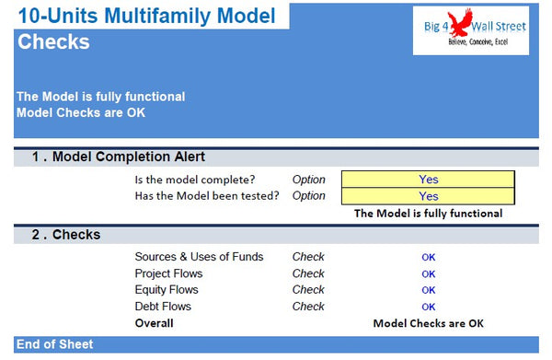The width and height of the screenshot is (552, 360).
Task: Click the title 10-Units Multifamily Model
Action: click(x=145, y=15)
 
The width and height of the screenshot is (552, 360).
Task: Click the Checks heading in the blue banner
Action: click(x=53, y=42)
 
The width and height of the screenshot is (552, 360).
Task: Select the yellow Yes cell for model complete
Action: click(x=428, y=180)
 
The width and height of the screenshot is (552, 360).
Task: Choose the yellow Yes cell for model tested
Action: click(x=428, y=196)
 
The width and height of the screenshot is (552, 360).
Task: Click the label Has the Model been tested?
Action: click(x=206, y=196)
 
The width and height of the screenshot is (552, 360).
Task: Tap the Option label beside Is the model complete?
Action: click(x=308, y=180)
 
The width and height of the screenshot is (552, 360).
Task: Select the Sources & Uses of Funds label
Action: click(x=199, y=257)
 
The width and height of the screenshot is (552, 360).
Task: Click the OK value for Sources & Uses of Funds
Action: click(x=428, y=258)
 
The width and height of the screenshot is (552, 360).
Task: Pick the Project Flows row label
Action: click(x=168, y=273)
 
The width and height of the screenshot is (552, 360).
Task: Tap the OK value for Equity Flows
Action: click(x=428, y=291)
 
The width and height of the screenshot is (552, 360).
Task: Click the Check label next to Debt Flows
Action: click(x=308, y=307)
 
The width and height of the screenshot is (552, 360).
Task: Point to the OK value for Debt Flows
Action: click(x=428, y=308)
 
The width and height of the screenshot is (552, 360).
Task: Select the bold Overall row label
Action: click(x=154, y=323)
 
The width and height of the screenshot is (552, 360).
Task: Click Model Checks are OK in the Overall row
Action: click(x=428, y=324)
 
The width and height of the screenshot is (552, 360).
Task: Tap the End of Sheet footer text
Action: click(x=54, y=344)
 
